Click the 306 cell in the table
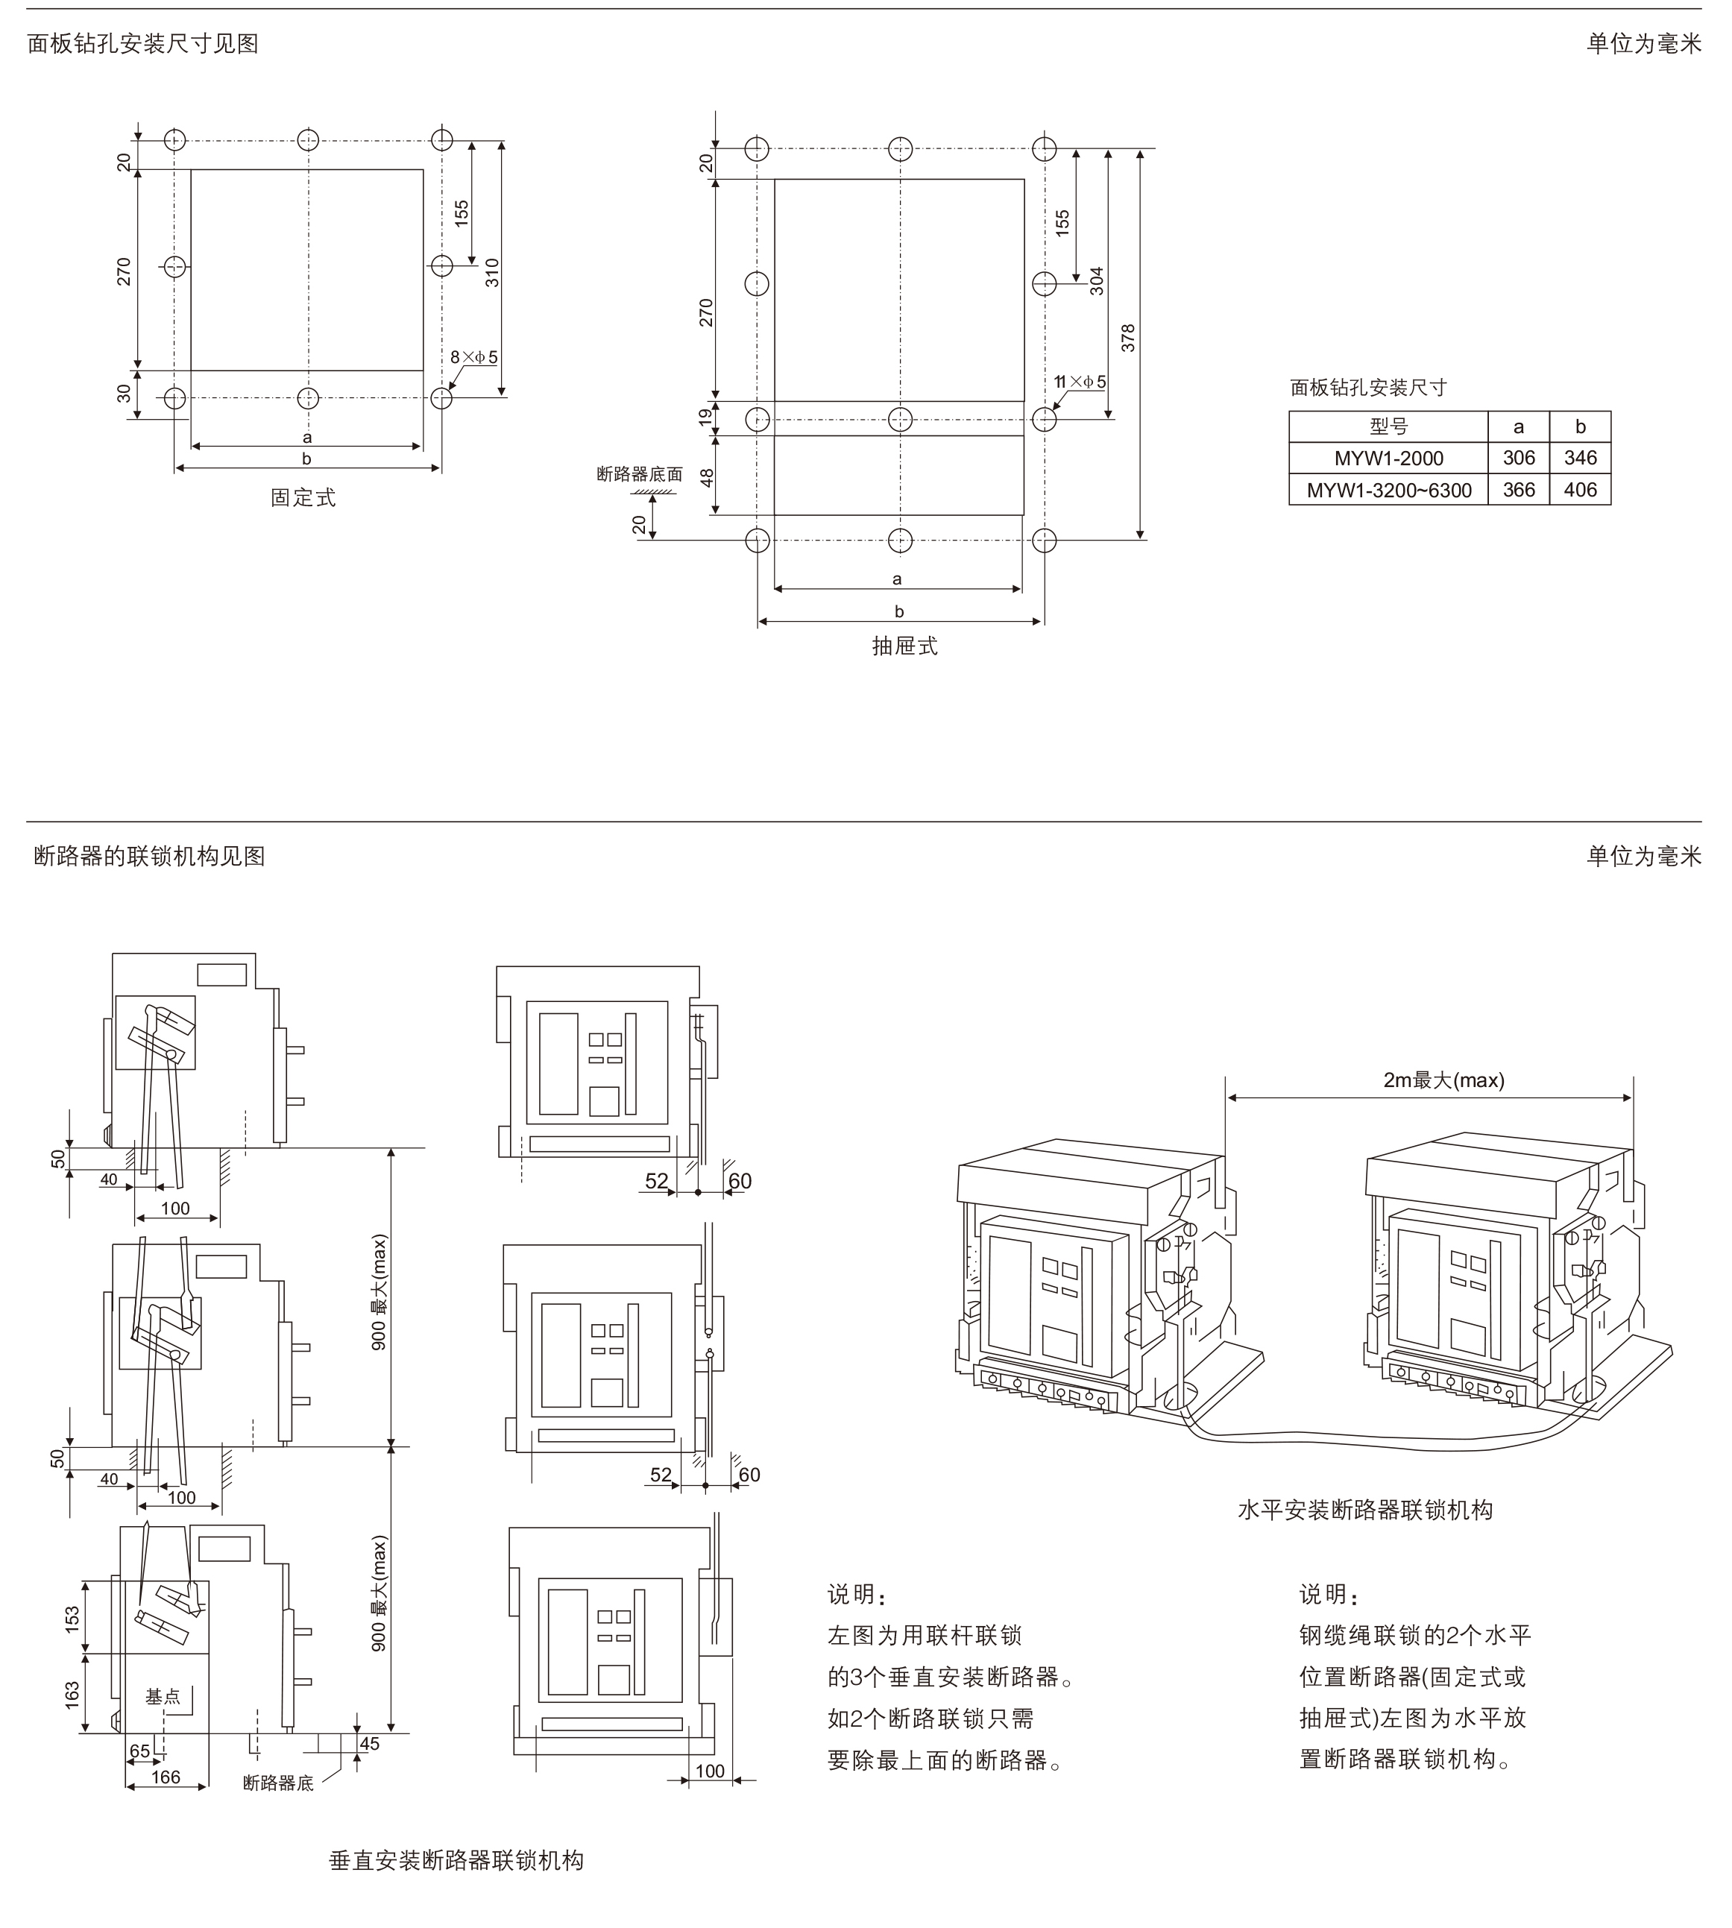(x=1518, y=458)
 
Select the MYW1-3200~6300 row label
(x=1388, y=490)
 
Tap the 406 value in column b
(x=1580, y=490)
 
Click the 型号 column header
(x=1388, y=426)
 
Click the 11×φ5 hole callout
(x=1080, y=382)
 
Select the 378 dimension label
(x=1129, y=338)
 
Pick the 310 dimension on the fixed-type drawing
(x=492, y=272)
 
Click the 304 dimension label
(x=1096, y=281)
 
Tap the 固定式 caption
(x=303, y=498)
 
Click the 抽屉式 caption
(x=904, y=646)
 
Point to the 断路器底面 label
(x=640, y=474)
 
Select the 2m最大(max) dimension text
(x=1443, y=1080)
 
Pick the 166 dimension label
(x=166, y=1777)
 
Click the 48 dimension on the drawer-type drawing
(x=707, y=476)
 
